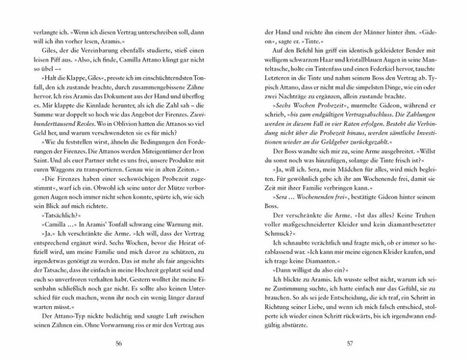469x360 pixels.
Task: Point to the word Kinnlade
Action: (89, 97)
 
